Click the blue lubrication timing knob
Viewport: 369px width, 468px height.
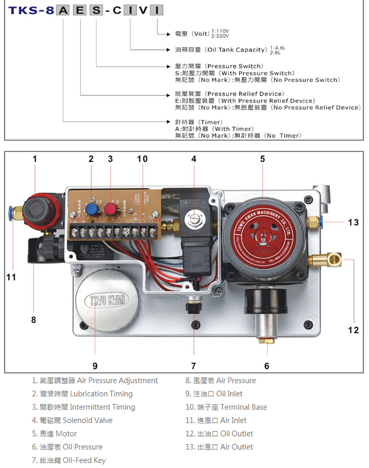92,210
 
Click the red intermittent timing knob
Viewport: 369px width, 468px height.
111,210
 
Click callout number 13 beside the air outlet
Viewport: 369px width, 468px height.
353,222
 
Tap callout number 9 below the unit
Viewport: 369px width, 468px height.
95,366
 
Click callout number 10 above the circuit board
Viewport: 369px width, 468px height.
142,159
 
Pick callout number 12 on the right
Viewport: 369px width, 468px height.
353,330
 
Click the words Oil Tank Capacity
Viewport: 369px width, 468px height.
237,50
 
